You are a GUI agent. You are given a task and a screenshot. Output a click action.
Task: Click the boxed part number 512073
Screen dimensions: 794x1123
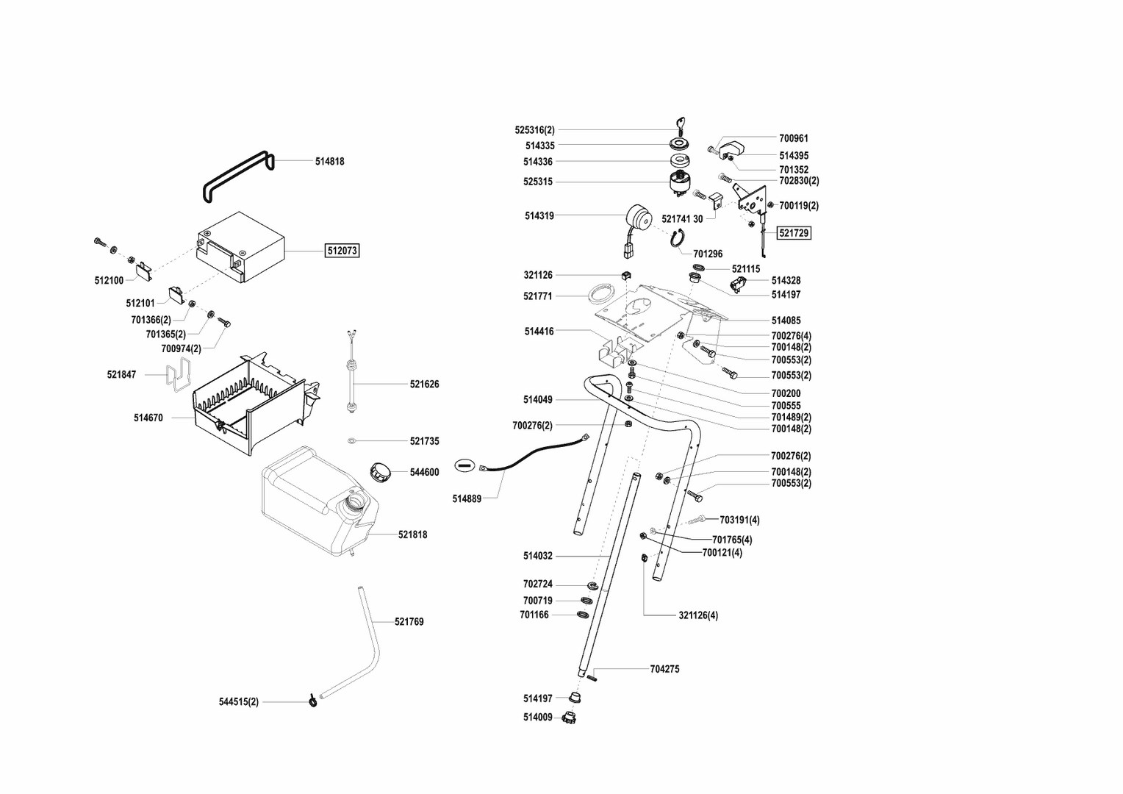pos(342,251)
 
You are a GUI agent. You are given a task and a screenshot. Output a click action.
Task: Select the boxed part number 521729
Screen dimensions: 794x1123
pos(794,233)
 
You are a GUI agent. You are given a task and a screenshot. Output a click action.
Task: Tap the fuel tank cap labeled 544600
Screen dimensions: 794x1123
pos(381,471)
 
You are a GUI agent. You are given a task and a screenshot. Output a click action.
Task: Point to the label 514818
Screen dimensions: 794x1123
pos(329,161)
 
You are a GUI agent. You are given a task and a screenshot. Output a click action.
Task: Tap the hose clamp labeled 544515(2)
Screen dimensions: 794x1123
pos(312,701)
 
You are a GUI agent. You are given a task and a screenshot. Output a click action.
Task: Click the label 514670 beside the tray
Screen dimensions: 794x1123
pos(148,418)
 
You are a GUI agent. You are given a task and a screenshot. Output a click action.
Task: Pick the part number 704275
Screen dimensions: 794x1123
pos(664,669)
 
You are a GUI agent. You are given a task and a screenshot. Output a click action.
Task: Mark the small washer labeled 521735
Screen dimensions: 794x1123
pos(352,440)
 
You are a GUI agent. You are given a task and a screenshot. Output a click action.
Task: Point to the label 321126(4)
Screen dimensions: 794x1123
pos(698,615)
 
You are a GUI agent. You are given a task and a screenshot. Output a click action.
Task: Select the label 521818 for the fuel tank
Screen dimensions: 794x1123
pos(412,534)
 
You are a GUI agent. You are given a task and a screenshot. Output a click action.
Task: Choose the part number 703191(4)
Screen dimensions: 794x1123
pos(739,520)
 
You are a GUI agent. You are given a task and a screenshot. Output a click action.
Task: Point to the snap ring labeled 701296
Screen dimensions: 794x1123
pos(678,237)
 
